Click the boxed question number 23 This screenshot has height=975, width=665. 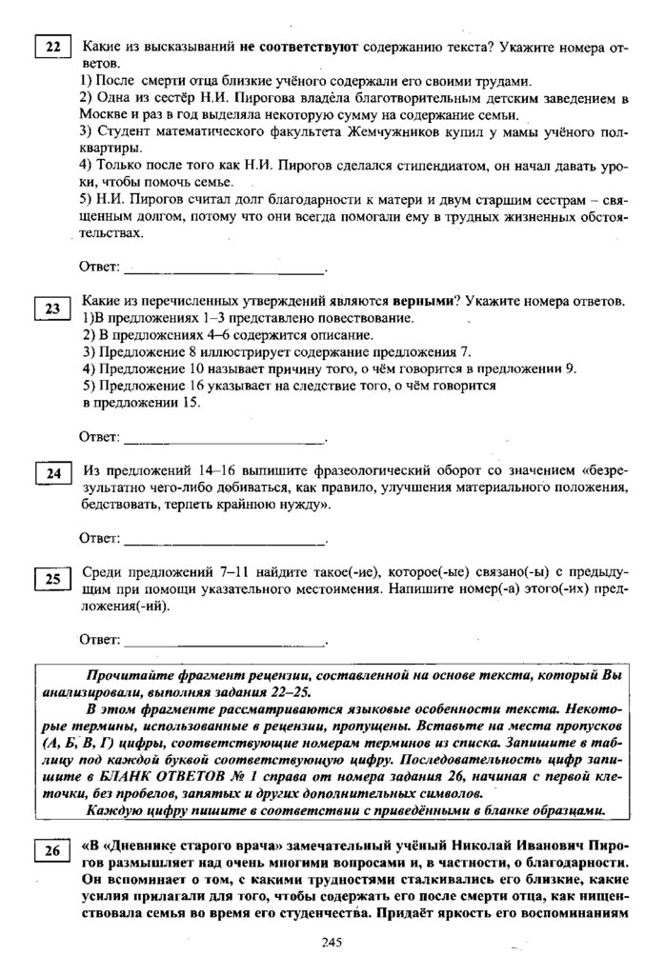(52, 307)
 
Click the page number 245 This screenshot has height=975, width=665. (332, 942)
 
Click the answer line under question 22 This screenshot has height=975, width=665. (225, 269)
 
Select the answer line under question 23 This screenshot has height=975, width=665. (225, 440)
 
